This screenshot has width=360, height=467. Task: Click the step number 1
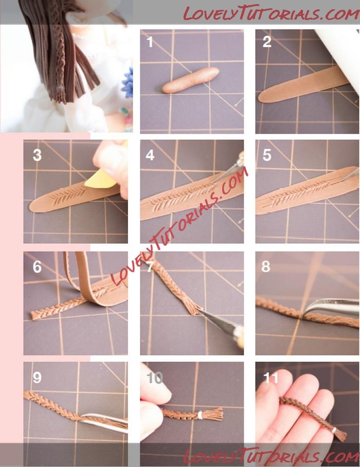(x=150, y=42)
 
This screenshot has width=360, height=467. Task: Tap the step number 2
(x=267, y=42)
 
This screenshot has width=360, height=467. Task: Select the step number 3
(x=37, y=155)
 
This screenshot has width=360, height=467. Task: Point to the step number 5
(x=267, y=155)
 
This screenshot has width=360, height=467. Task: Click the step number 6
(x=37, y=267)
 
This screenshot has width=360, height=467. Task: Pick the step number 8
(x=265, y=266)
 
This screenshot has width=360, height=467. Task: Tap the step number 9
(x=37, y=378)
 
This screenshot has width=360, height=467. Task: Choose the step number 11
(x=271, y=378)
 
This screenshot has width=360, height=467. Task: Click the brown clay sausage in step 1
(x=191, y=80)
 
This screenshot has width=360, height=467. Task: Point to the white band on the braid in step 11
(x=334, y=430)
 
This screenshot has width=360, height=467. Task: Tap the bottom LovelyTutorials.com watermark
(x=271, y=456)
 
